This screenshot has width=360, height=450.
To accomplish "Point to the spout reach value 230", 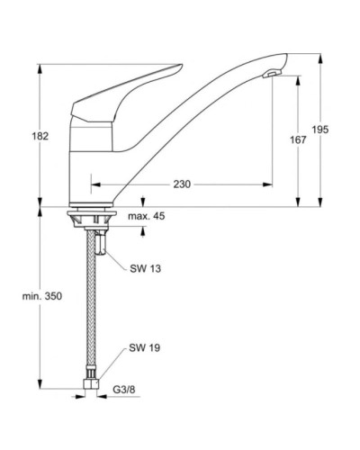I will (182, 184).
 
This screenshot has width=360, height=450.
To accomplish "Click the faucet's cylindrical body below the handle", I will (90, 148).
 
